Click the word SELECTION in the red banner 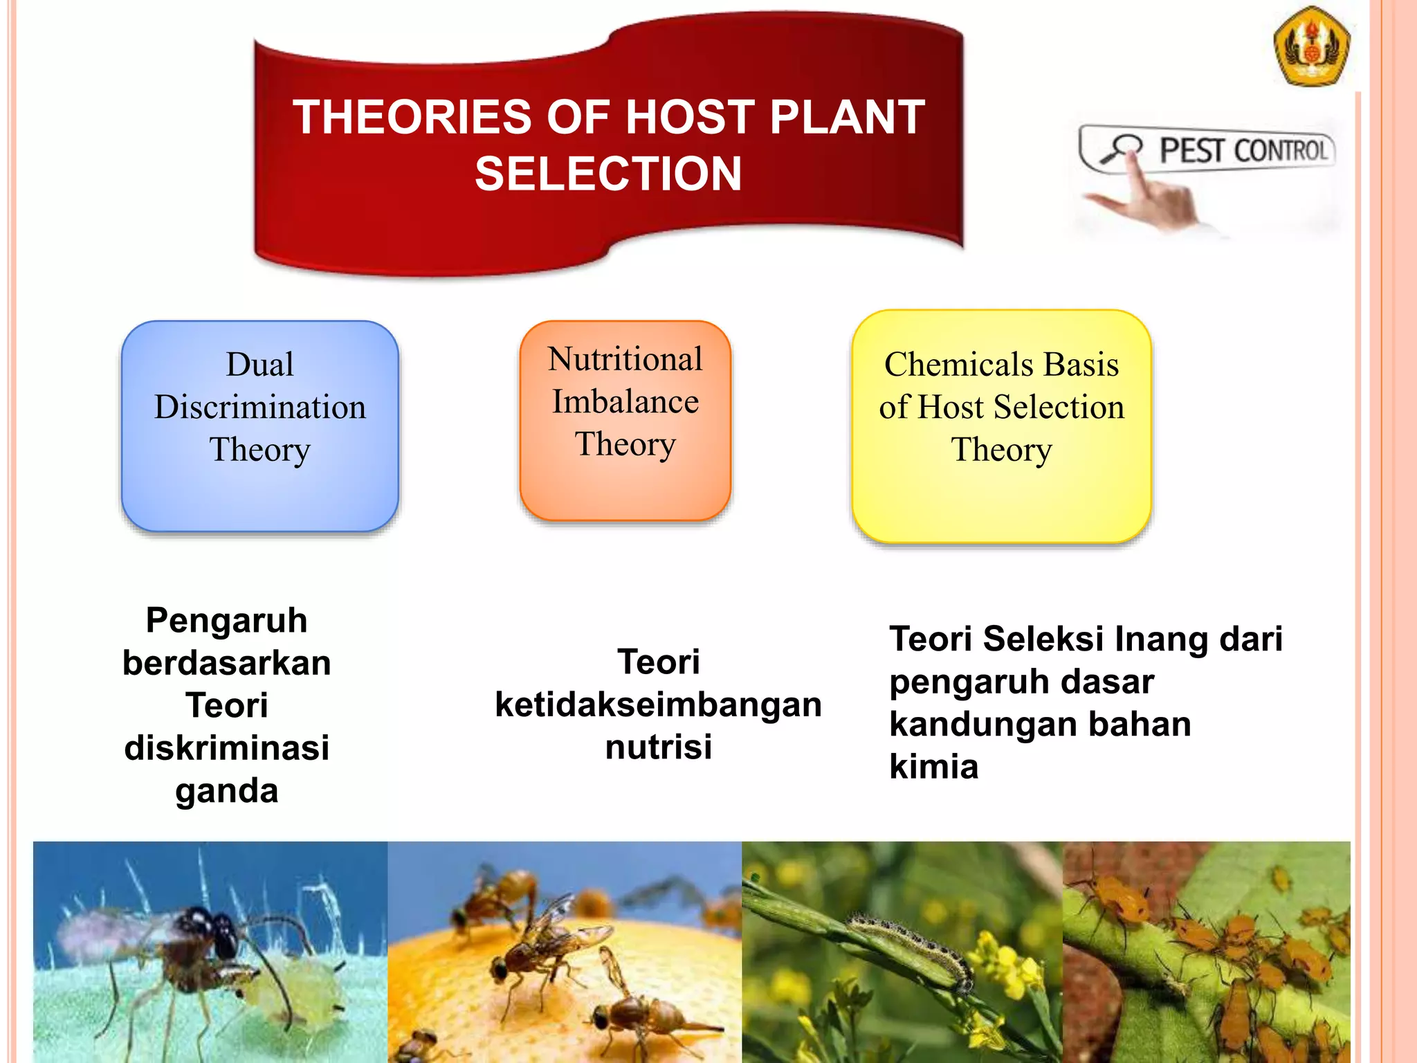tap(608, 174)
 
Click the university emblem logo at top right tap(1312, 47)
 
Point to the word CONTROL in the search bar tap(1281, 151)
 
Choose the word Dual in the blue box tap(259, 364)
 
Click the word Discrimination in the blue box tap(259, 407)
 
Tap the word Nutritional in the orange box tap(625, 359)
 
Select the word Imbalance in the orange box tap(625, 402)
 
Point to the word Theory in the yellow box tap(1000, 450)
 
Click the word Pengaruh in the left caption tap(226, 620)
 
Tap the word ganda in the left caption tap(226, 791)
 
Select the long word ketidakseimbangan tap(658, 705)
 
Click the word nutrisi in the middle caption tap(658, 747)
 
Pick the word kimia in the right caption tap(933, 767)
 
